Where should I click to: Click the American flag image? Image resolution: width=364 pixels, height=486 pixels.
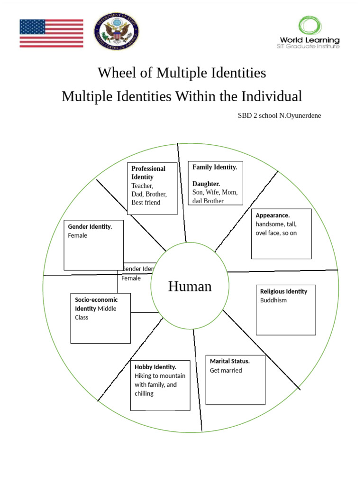tap(51, 33)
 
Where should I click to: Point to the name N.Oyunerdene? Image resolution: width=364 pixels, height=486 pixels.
tap(297, 115)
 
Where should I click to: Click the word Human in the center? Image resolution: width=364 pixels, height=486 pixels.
tap(190, 286)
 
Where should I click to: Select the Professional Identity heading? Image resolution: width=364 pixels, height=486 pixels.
tap(148, 173)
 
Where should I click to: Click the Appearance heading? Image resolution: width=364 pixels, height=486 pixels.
tap(273, 215)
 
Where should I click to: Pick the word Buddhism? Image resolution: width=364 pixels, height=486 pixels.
tap(273, 300)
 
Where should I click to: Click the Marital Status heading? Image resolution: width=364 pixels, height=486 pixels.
tap(229, 361)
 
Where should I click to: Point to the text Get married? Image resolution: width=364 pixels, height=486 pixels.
tap(226, 370)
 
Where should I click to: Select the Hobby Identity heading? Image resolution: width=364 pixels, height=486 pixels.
tap(155, 367)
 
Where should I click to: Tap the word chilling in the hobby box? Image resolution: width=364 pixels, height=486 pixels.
tap(144, 393)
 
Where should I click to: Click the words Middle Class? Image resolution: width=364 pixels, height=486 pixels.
tap(95, 313)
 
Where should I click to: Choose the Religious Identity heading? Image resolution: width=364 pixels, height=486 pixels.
tap(283, 291)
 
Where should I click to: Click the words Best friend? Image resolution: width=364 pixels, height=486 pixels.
tap(146, 203)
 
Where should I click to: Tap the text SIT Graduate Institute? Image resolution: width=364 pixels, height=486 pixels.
tap(308, 47)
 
